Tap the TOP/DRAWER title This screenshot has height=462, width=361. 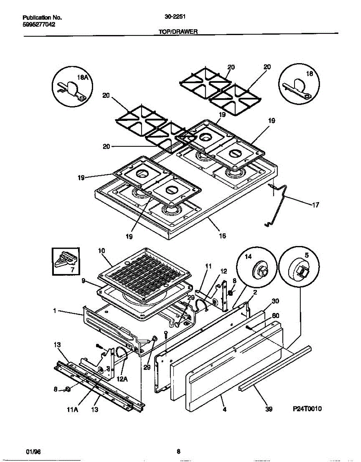click(178, 33)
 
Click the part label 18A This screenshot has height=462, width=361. click(82, 77)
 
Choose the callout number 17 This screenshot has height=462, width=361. click(315, 205)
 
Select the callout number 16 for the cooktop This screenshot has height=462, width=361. click(222, 236)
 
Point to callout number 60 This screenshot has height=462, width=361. click(275, 316)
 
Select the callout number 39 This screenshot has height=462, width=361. click(269, 410)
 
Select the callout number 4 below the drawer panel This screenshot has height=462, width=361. click(224, 410)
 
